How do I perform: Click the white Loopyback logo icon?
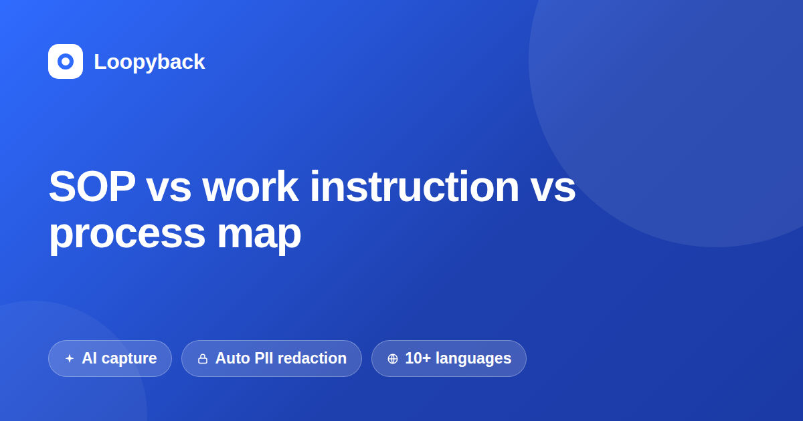point(66,61)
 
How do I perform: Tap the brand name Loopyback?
point(149,61)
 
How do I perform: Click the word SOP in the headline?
point(92,186)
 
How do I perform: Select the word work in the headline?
point(250,186)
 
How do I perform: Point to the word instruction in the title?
point(414,186)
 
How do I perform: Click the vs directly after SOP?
point(169,190)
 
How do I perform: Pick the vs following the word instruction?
point(553,190)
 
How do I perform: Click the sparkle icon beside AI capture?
point(70,358)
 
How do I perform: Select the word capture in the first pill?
point(129,359)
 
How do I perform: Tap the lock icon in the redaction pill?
point(203,359)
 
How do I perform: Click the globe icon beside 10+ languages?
point(393,359)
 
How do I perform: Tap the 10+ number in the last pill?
point(418,358)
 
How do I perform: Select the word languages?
point(474,359)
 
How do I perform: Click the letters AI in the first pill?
point(89,358)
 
